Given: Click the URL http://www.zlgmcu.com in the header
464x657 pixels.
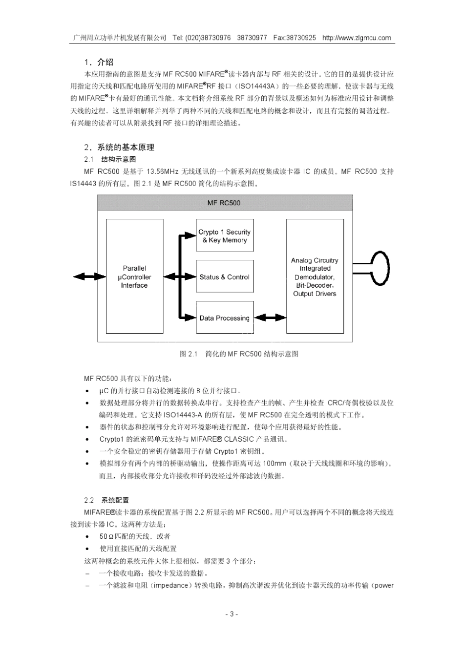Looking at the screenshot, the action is point(357,38).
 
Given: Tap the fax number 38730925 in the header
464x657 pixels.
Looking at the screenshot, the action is point(301,38).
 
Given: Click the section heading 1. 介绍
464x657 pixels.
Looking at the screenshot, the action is point(99,62).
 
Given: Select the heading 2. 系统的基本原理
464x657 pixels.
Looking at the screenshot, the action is point(119,147).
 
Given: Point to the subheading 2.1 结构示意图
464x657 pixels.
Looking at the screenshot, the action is point(110,159).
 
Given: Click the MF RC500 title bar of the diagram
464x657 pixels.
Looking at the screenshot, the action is point(225,203).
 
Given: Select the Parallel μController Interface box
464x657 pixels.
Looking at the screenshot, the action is point(134,276).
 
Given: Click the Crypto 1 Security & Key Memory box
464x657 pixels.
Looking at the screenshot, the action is point(225,236).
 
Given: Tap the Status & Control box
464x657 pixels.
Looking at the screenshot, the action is point(225,277).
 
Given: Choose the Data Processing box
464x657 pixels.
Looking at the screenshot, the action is point(225,318).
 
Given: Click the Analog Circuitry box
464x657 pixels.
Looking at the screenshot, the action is point(315,276).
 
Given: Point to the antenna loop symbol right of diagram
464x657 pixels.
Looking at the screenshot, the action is point(380,269).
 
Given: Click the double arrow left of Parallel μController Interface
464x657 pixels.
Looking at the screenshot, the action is point(89,277).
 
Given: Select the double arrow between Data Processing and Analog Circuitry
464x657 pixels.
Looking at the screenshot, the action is point(270,318).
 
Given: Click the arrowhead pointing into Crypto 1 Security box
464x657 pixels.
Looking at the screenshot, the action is point(192,236).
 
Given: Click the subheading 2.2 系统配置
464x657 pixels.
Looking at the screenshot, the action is point(106,500).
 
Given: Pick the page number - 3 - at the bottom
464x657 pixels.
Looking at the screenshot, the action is point(232,614).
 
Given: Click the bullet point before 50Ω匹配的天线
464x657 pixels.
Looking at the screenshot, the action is point(87,537).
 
